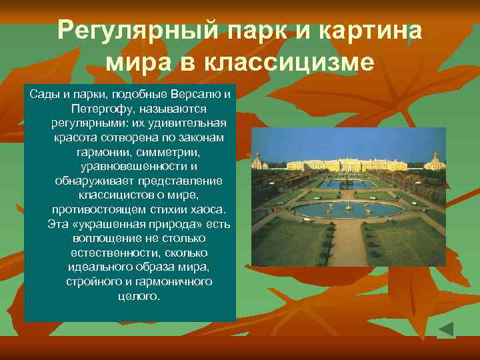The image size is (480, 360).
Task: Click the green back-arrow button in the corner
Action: click(x=446, y=329)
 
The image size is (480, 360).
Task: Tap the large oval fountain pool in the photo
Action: click(x=347, y=209)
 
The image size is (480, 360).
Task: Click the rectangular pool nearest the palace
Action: click(x=346, y=183)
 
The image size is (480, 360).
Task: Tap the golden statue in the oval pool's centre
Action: click(x=348, y=207)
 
